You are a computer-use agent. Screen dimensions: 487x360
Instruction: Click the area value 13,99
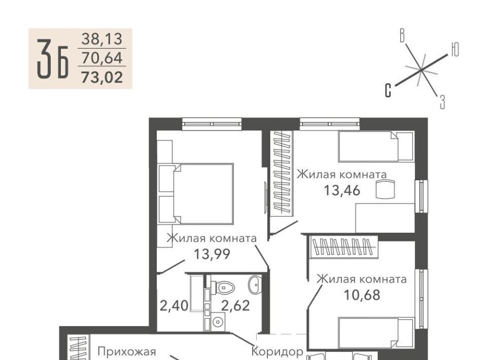coord(212,254)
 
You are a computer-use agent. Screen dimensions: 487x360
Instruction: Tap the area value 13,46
coord(342,190)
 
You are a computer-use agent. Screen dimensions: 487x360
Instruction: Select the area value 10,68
coord(362,295)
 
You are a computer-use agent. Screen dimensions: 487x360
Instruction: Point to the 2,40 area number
coord(174,306)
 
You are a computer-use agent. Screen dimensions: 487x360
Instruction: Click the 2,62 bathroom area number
coord(235,306)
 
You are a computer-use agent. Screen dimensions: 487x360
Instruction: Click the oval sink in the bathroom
coord(255,284)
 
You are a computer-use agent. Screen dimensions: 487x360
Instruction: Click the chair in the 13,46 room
coord(385,189)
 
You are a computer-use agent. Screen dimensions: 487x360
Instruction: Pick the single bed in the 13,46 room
coord(376,147)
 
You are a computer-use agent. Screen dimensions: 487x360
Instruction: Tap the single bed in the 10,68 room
coord(376,333)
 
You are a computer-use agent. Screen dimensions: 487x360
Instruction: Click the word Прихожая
coord(127,351)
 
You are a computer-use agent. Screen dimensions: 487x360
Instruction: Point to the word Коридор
coord(277,351)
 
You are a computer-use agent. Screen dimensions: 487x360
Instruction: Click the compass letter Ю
coord(455,50)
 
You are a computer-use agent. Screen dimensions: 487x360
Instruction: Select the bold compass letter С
coord(388,91)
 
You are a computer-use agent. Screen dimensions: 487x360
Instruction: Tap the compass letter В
coord(402,35)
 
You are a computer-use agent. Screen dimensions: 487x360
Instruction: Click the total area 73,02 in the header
coord(102,77)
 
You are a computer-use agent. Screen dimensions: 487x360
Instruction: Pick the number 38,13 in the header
coord(102,39)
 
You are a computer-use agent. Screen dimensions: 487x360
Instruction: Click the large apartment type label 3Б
coord(53,59)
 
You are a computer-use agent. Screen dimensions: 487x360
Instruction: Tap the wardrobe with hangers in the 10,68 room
coord(344,247)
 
